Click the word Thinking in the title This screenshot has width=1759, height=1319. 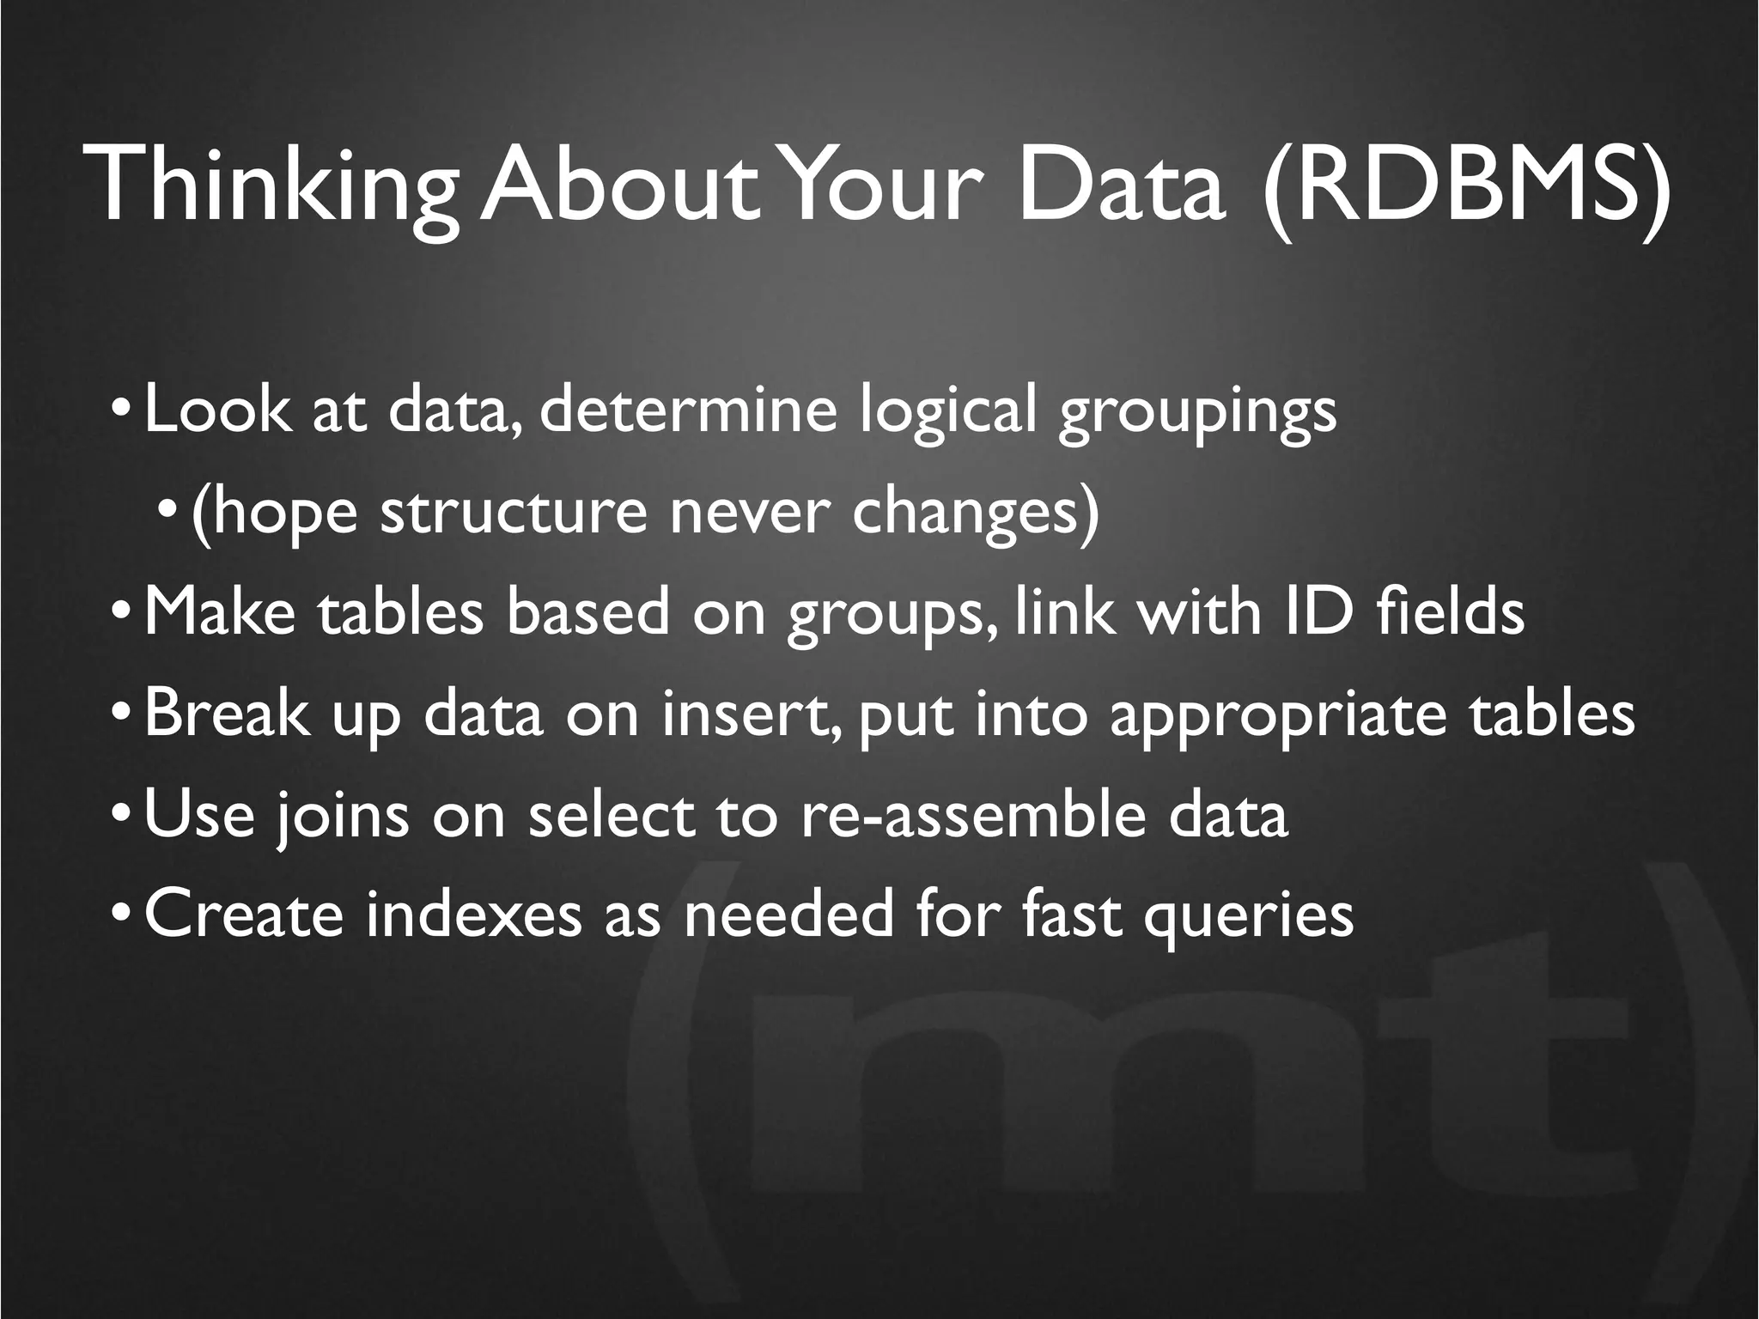pyautogui.click(x=278, y=187)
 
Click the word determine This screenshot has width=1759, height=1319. pyautogui.click(x=688, y=410)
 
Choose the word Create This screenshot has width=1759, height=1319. pyautogui.click(x=244, y=915)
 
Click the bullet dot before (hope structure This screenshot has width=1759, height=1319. pyautogui.click(x=169, y=514)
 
